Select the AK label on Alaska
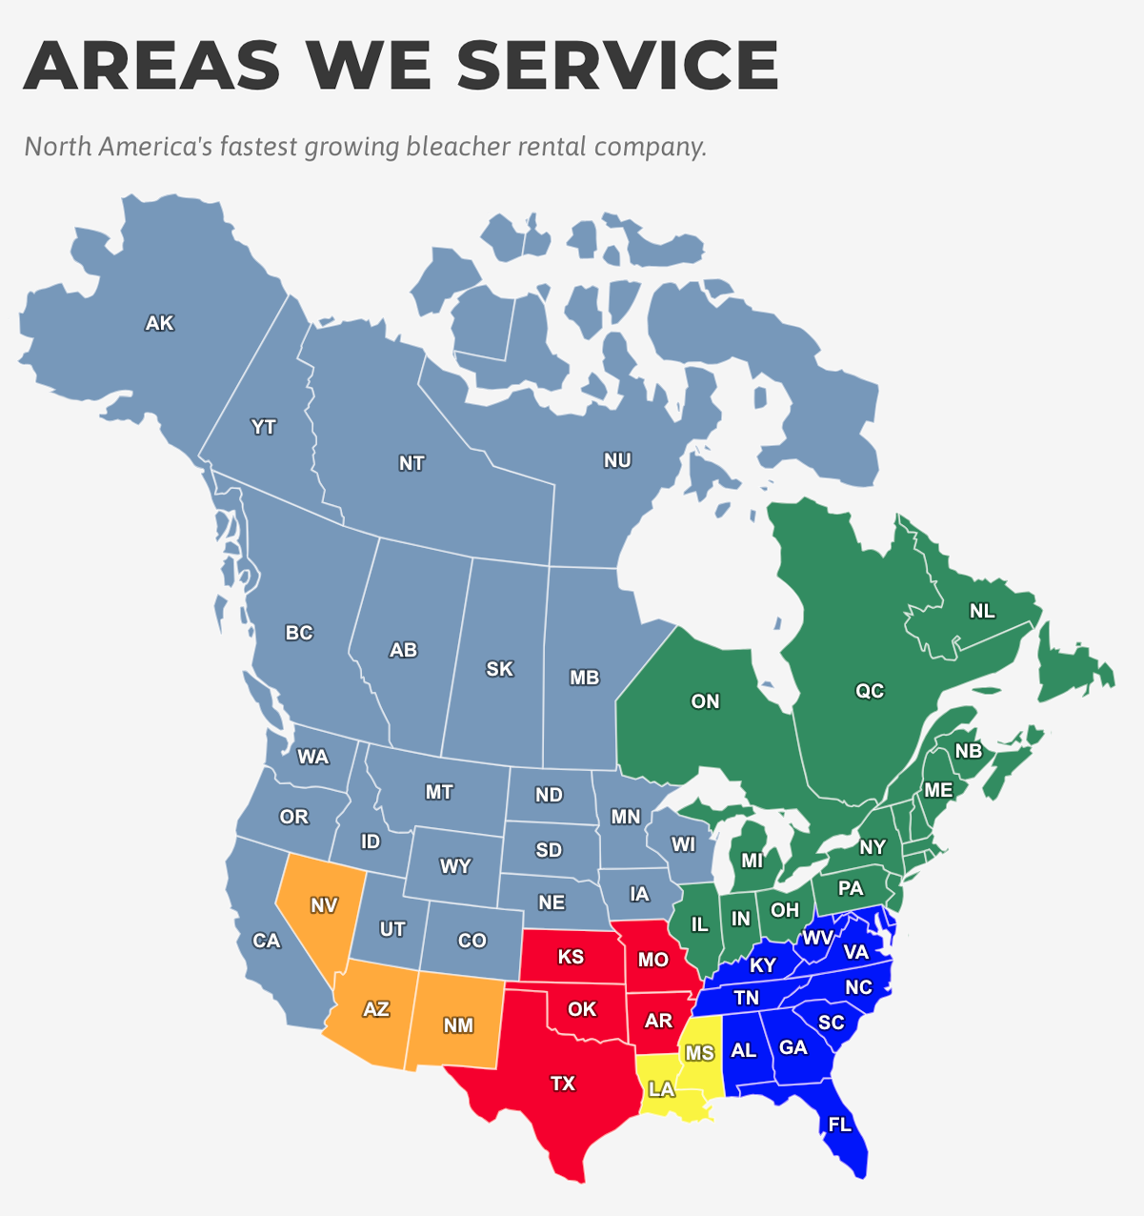(x=160, y=323)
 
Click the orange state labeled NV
(x=324, y=905)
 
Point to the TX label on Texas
(x=563, y=1084)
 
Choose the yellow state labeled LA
(x=661, y=1089)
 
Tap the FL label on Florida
(x=839, y=1125)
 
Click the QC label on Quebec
(x=870, y=691)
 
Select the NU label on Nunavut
(x=617, y=460)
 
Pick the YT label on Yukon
(x=264, y=427)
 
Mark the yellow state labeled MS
(x=699, y=1053)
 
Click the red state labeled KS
(x=571, y=957)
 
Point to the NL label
(x=982, y=611)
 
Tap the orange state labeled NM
(x=458, y=1025)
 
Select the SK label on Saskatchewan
(x=500, y=669)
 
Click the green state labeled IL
(x=699, y=924)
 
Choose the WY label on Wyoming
(x=455, y=866)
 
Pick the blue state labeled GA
(x=793, y=1047)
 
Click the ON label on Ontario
(x=705, y=701)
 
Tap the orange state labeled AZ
(x=376, y=1009)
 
